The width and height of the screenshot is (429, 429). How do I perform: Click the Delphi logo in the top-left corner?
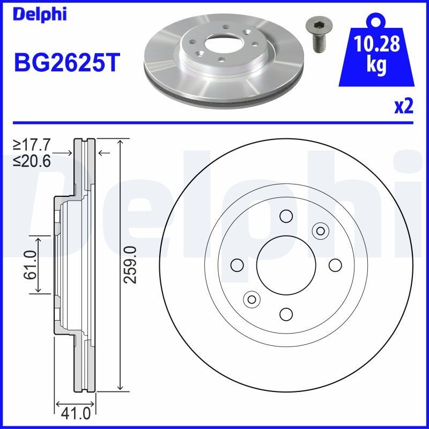(40, 14)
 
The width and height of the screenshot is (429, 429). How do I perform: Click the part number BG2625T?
(67, 63)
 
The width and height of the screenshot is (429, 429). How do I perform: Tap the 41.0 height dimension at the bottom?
(75, 413)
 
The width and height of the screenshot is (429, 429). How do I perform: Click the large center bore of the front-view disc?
(284, 264)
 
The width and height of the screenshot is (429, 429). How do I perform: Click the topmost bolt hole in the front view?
(285, 216)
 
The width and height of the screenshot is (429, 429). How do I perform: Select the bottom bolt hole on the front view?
(285, 314)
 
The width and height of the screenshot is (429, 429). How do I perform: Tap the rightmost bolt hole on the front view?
(335, 265)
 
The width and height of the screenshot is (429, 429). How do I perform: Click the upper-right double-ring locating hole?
(320, 231)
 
